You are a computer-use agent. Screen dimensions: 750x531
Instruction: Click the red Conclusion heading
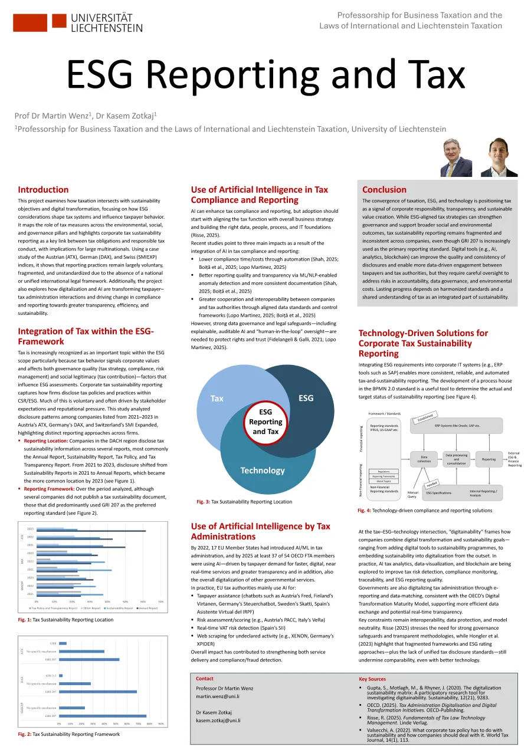384,190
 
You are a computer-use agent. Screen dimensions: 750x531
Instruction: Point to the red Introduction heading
43,190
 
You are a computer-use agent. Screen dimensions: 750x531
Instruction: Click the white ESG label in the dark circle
306,398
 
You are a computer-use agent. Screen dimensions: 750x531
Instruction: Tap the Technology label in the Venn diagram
263,470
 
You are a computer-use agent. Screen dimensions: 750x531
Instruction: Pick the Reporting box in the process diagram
489,459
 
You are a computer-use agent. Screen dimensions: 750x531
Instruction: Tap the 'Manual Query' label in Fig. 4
412,494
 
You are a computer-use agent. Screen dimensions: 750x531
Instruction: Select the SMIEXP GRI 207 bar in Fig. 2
102,716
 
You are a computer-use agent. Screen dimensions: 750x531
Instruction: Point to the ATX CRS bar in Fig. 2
63,643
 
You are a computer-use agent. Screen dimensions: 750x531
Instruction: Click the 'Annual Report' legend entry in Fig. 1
147,608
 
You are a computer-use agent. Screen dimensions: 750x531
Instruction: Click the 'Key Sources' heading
372,679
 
